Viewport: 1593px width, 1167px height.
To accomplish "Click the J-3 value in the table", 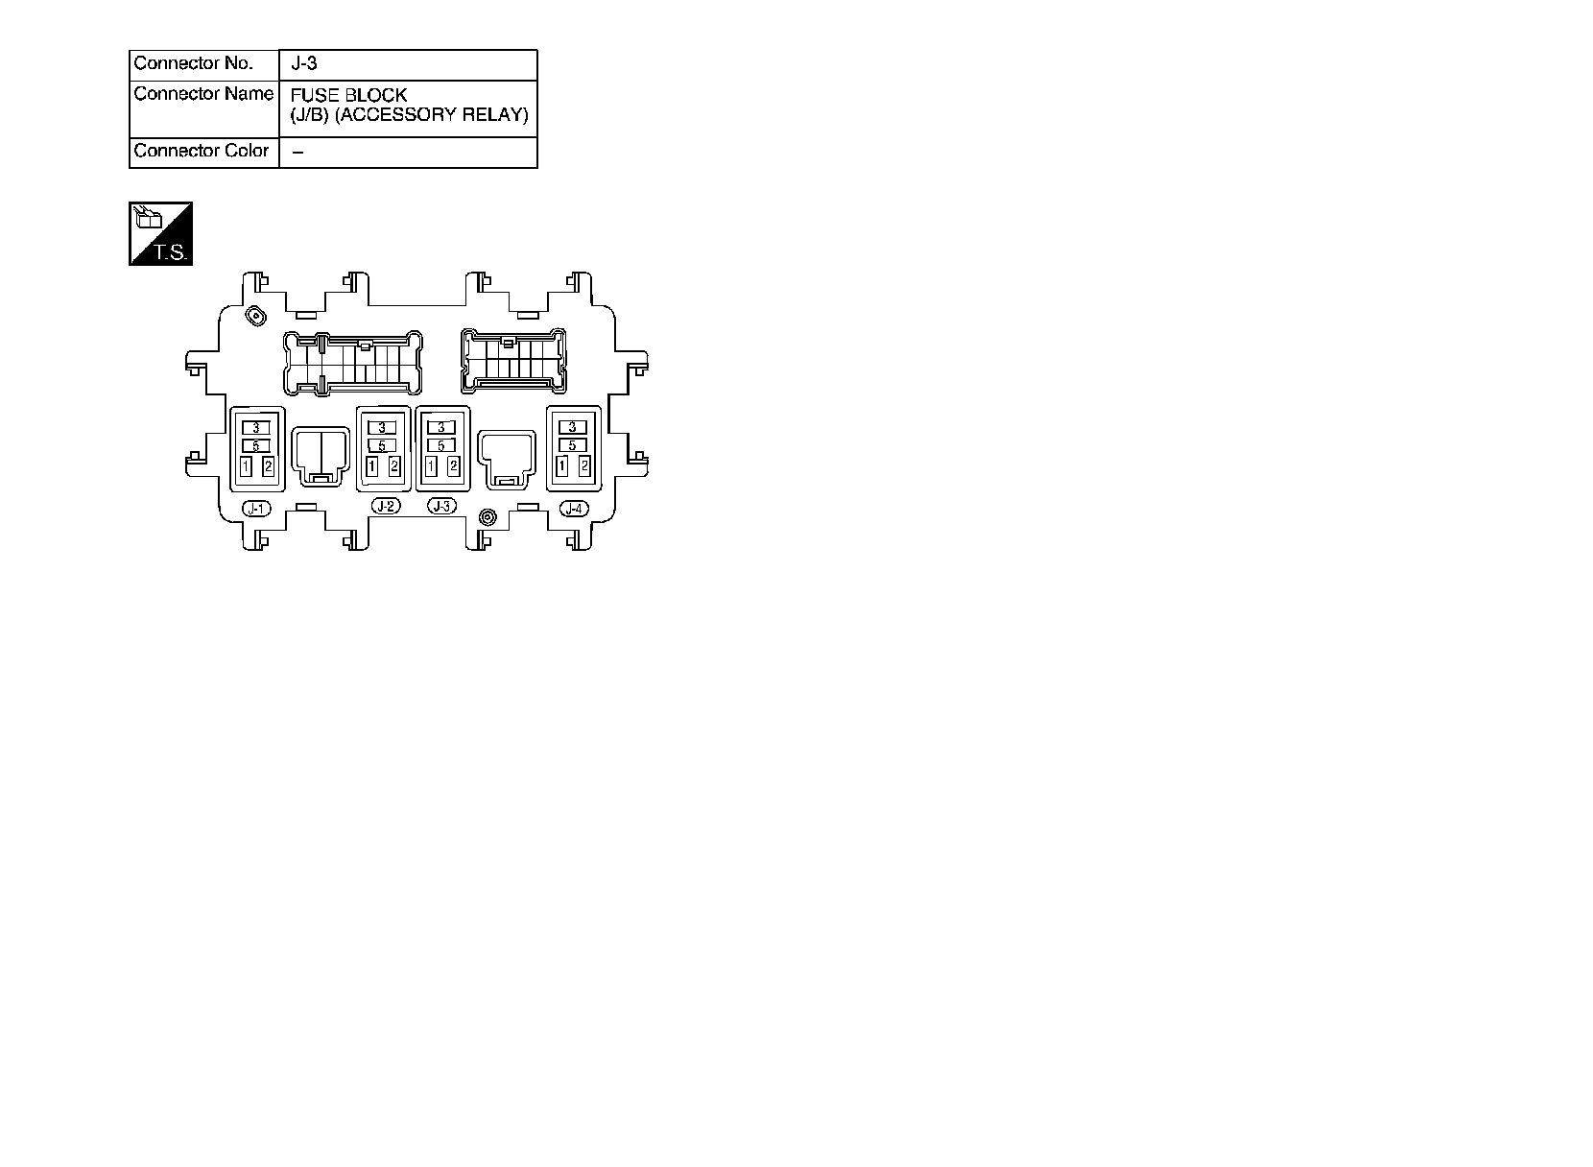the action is point(304,64).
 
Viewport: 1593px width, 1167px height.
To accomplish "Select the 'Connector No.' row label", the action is point(194,64).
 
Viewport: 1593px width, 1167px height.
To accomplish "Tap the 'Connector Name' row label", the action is point(203,94).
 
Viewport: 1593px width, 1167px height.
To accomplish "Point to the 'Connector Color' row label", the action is point(202,152).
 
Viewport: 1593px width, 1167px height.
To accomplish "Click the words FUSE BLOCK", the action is point(348,96).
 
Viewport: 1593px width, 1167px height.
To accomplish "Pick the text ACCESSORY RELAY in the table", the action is point(431,115).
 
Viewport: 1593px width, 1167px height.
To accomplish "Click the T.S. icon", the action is point(161,234).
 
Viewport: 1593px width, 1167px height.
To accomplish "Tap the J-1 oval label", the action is point(256,509).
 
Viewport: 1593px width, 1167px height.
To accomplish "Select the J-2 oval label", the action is point(385,506).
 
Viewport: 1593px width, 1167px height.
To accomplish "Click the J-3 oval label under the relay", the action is point(441,506).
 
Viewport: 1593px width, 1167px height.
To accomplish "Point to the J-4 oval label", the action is point(574,509).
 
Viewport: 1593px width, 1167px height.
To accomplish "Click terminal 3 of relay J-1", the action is point(256,428).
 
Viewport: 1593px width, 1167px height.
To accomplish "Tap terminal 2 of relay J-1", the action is point(269,466).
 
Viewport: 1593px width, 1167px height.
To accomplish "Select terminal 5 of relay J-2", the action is point(382,446).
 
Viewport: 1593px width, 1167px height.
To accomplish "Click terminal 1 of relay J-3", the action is point(431,466).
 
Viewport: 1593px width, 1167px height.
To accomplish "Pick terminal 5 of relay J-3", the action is point(441,446).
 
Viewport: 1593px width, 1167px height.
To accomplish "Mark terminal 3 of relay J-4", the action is point(573,427).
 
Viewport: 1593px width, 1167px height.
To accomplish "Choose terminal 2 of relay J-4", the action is point(584,466).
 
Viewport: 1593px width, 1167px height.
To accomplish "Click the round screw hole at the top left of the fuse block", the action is point(256,316).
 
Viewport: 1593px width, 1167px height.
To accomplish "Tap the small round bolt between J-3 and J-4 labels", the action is point(487,517).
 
